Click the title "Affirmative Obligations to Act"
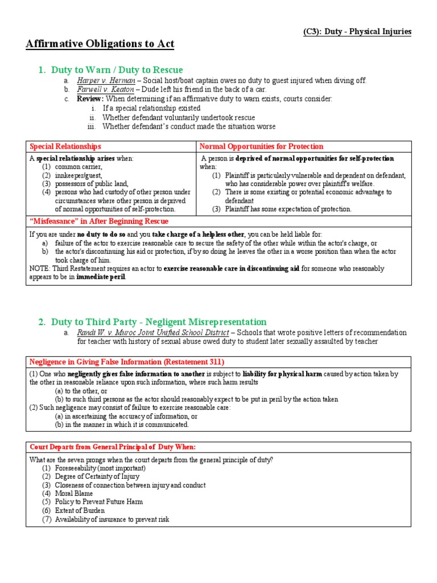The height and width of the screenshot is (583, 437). click(x=100, y=44)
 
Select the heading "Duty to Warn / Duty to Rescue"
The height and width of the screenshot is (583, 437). click(x=117, y=70)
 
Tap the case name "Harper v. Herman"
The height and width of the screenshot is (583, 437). click(x=101, y=81)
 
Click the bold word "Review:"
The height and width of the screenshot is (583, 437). click(x=90, y=99)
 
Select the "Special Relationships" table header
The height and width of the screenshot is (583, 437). click(x=65, y=147)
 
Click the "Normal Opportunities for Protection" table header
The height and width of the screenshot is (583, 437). click(x=261, y=147)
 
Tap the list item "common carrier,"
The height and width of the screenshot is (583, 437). click(x=79, y=167)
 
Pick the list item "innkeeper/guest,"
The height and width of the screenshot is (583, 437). click(x=79, y=175)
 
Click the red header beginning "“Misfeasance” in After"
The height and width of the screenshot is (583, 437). click(x=98, y=221)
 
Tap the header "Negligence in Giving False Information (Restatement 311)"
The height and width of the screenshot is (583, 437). click(x=127, y=362)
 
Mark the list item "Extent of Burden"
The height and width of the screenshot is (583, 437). click(x=80, y=511)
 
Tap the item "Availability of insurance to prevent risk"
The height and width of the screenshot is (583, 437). click(x=112, y=519)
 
